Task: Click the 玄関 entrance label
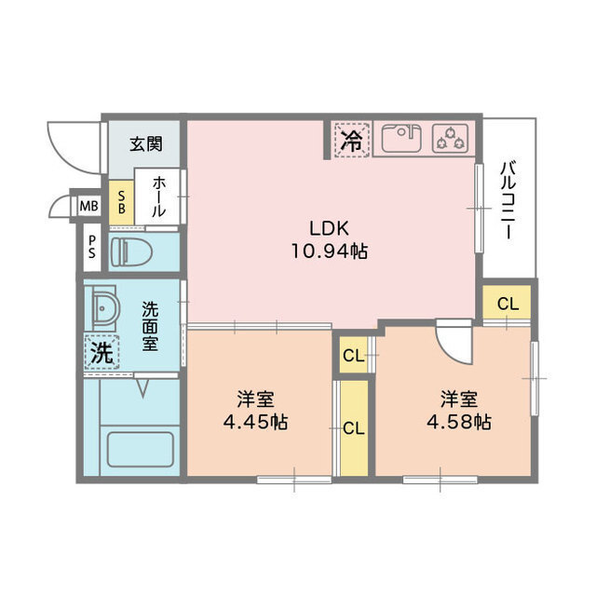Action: (x=145, y=144)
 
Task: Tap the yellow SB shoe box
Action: (x=120, y=202)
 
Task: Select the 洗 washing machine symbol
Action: (x=102, y=352)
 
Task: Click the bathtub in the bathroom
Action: (x=140, y=450)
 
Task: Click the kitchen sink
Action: (x=400, y=139)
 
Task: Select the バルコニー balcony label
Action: (x=509, y=200)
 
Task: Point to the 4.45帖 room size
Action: (x=254, y=422)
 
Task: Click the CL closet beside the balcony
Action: (x=507, y=303)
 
